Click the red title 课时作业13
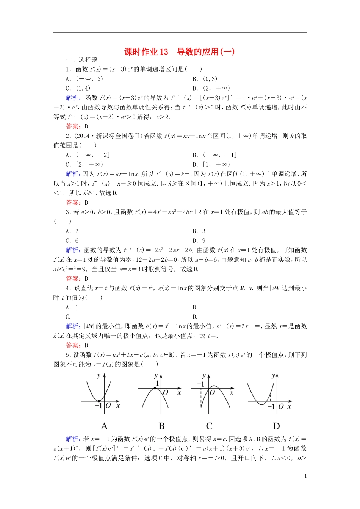(x=146, y=52)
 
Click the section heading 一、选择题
(x=81, y=60)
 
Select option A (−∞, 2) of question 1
(x=84, y=79)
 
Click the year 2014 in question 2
(x=83, y=136)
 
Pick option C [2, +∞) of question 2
(x=84, y=164)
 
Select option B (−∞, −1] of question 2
(x=214, y=155)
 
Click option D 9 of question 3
(x=199, y=240)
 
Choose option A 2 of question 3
(x=72, y=231)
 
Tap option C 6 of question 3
(x=72, y=240)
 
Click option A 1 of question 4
(x=72, y=308)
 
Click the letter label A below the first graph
(x=104, y=426)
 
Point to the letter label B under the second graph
(x=161, y=426)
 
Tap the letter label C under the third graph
(x=209, y=426)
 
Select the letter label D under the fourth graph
(x=276, y=426)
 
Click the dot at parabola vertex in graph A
(x=99, y=401)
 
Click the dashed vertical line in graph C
(x=201, y=398)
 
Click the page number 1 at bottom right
(x=305, y=476)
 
